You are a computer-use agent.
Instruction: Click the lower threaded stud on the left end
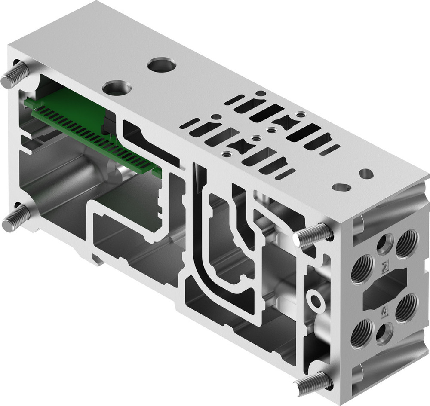pyautogui.click(x=15, y=219)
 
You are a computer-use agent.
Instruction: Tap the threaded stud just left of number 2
pyautogui.click(x=313, y=235)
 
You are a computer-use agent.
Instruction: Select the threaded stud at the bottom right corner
pyautogui.click(x=313, y=383)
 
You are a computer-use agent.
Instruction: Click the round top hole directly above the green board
pyautogui.click(x=117, y=88)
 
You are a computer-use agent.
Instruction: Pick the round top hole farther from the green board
pyautogui.click(x=161, y=65)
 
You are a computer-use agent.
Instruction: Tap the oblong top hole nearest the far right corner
pyautogui.click(x=366, y=174)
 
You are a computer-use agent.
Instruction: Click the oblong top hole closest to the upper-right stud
pyautogui.click(x=342, y=187)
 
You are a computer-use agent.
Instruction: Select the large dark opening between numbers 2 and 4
pyautogui.click(x=384, y=289)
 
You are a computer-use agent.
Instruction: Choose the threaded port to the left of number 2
pyautogui.click(x=362, y=269)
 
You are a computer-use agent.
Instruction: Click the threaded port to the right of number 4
pyautogui.click(x=406, y=308)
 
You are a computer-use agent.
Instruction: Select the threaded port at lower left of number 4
pyautogui.click(x=361, y=333)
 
